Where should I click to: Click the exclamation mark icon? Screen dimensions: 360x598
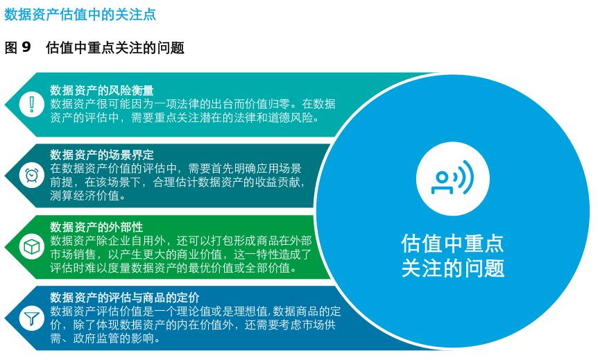pyautogui.click(x=31, y=104)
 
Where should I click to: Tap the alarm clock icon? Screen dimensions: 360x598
pyautogui.click(x=31, y=175)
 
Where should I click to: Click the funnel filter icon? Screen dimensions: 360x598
pyautogui.click(x=31, y=319)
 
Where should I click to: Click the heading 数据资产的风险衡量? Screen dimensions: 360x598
pyautogui.click(x=102, y=90)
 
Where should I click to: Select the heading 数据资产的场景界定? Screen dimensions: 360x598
pyautogui.click(x=102, y=155)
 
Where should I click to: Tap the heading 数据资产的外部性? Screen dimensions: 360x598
pyautogui.click(x=96, y=227)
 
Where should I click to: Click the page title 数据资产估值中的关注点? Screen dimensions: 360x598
pyautogui.click(x=80, y=15)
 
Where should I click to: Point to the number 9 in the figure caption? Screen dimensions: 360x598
pyautogui.click(x=27, y=48)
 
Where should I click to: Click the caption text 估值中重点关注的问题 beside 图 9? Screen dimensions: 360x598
pyautogui.click(x=115, y=48)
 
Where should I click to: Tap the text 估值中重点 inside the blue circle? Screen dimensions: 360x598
pyautogui.click(x=452, y=244)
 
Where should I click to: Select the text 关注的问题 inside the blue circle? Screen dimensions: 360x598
pyautogui.click(x=452, y=268)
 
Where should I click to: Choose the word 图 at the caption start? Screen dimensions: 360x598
pyautogui.click(x=11, y=48)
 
